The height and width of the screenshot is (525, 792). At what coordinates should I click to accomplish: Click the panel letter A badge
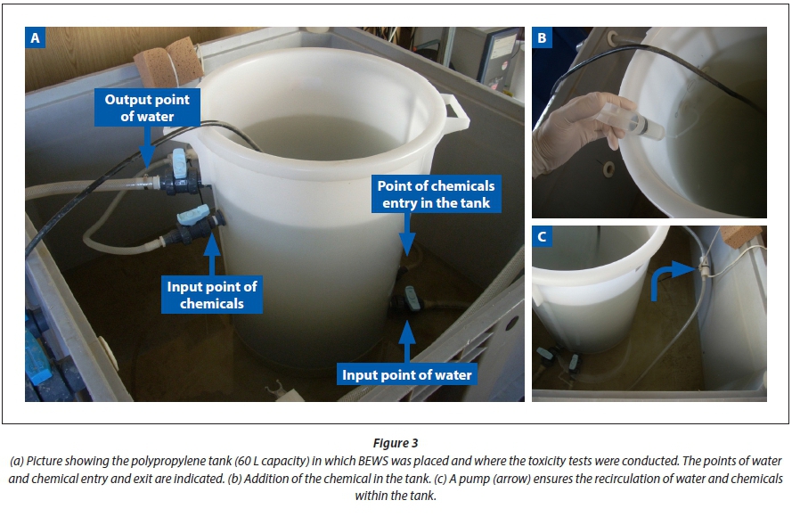(35, 37)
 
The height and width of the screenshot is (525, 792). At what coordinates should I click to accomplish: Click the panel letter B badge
(542, 37)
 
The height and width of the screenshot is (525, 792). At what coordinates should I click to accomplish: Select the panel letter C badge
(542, 236)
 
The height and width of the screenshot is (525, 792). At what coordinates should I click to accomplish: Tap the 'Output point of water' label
(147, 108)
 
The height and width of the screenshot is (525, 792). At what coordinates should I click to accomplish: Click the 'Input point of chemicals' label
(212, 294)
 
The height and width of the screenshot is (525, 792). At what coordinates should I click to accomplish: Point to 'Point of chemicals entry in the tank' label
(436, 194)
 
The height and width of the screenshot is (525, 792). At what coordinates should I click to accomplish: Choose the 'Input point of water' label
(406, 374)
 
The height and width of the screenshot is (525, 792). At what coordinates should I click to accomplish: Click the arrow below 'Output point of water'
(146, 146)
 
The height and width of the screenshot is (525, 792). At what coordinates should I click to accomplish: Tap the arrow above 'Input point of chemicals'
(212, 254)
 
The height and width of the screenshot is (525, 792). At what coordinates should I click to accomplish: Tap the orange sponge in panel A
(168, 62)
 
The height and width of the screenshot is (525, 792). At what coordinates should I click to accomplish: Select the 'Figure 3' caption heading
(396, 443)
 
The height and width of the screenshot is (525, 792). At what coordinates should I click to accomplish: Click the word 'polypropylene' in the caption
(183, 461)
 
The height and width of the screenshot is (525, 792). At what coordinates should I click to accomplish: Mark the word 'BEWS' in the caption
(373, 461)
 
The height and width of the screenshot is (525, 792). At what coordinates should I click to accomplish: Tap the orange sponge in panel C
(740, 236)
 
